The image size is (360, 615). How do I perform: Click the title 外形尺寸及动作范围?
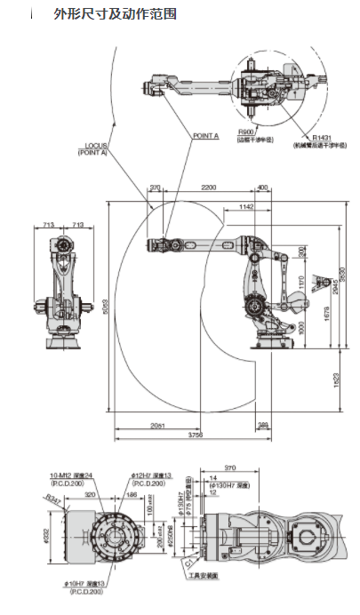pyautogui.click(x=115, y=14)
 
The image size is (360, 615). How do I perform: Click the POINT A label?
pyautogui.click(x=205, y=136)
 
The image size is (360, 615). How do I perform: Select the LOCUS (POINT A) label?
pyautogui.click(x=98, y=148)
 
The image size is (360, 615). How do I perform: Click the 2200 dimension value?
pyautogui.click(x=209, y=188)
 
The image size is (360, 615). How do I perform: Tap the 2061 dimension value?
pyautogui.click(x=156, y=426)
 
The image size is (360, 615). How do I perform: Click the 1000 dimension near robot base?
pyautogui.click(x=300, y=328)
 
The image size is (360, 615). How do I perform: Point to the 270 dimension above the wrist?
pyautogui.click(x=156, y=188)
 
